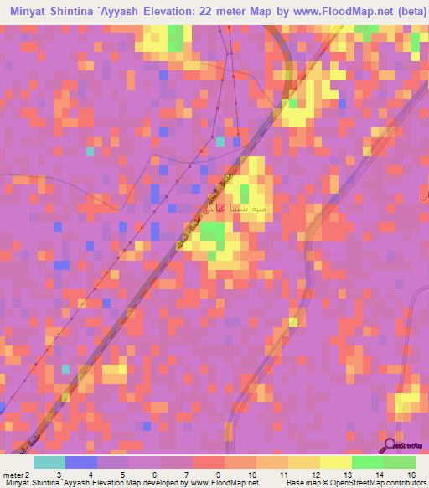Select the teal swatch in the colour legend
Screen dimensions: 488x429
click(x=49, y=462)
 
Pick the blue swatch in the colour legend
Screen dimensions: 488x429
click(x=81, y=462)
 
